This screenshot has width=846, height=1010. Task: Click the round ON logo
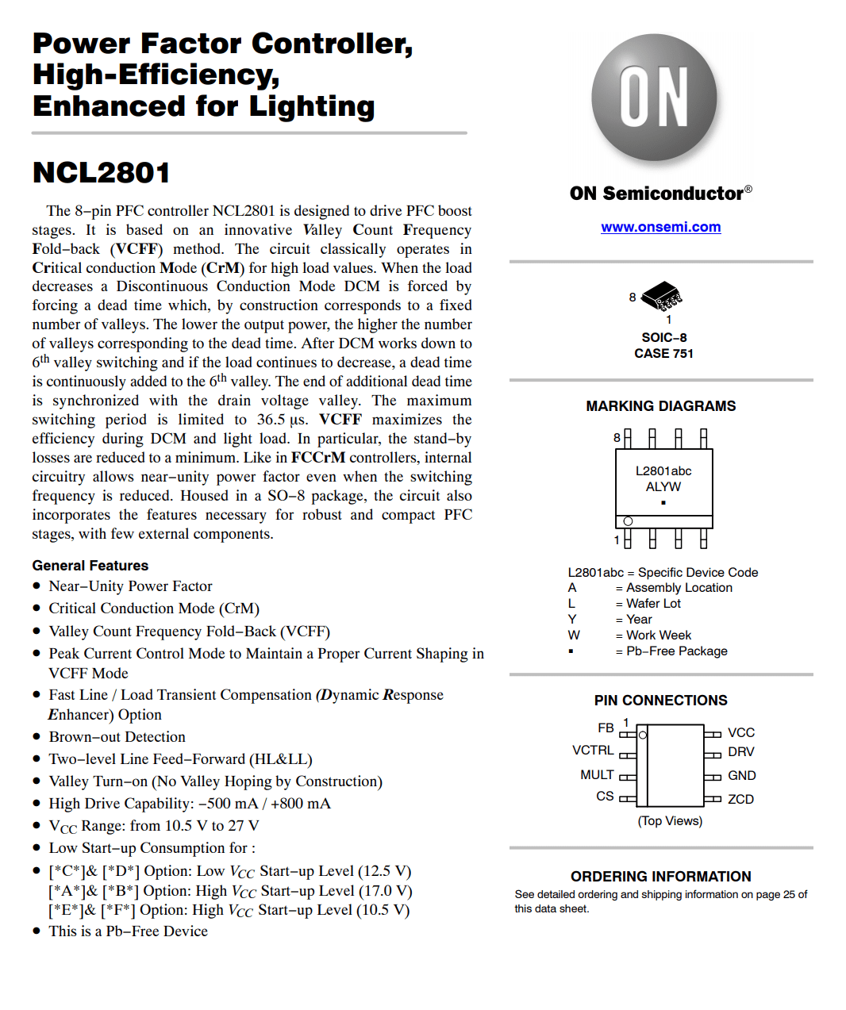pos(654,98)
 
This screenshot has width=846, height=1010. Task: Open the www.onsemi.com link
pos(660,227)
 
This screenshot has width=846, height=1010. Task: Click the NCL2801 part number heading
pos(102,172)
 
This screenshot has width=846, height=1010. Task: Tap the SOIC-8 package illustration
pos(661,296)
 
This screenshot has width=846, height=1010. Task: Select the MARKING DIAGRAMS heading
pos(660,406)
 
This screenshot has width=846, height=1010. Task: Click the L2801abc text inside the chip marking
pos(663,470)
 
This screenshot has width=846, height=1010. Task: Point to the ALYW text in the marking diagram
pos(663,486)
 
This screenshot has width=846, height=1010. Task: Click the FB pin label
pos(606,728)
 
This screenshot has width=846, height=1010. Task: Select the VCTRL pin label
pos(593,750)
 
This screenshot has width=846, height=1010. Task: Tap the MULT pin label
pos(597,774)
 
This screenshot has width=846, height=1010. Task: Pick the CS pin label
pos(605,796)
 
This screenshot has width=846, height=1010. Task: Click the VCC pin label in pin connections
pos(741,732)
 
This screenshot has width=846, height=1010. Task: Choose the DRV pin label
pos(741,751)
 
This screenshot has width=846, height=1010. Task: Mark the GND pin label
pos(741,775)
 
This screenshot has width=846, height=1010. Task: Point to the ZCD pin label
pos(740,799)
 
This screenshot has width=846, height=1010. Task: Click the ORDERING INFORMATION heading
pos(660,876)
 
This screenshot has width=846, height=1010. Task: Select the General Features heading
pos(90,565)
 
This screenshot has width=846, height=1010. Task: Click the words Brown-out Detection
pos(117,736)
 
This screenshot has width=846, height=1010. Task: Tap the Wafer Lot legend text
pos(653,603)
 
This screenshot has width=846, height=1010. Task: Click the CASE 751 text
pos(663,353)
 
